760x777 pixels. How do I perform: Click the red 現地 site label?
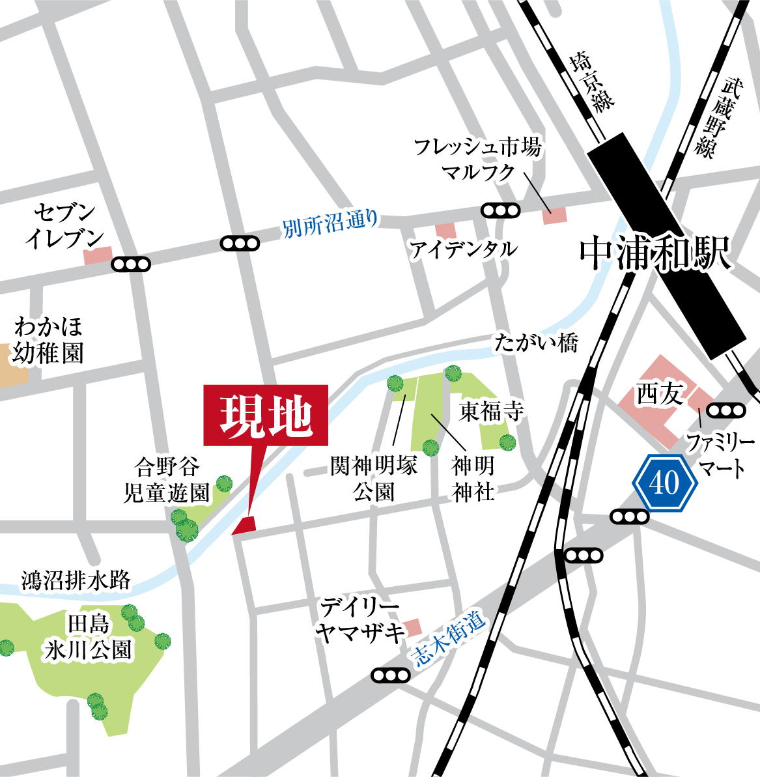pos(266,416)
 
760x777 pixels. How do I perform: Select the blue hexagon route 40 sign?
pos(665,483)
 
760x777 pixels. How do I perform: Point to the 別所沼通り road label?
pos(330,223)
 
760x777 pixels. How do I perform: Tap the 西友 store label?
pos(659,394)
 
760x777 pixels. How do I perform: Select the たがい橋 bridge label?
pos(535,343)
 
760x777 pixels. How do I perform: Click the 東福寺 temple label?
pos(491,411)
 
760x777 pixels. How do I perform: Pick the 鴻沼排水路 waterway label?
pos(76,579)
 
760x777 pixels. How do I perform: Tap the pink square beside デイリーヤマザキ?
pos(413,629)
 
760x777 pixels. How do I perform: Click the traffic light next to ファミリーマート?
pos(725,410)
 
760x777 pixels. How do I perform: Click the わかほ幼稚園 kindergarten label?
pos(48,340)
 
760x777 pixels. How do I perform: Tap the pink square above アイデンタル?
pos(446,231)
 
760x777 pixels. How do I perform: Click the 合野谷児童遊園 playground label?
pos(167,479)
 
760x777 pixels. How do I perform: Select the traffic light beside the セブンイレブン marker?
pos(131,264)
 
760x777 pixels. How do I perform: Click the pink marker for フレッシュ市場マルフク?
pos(555,216)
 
